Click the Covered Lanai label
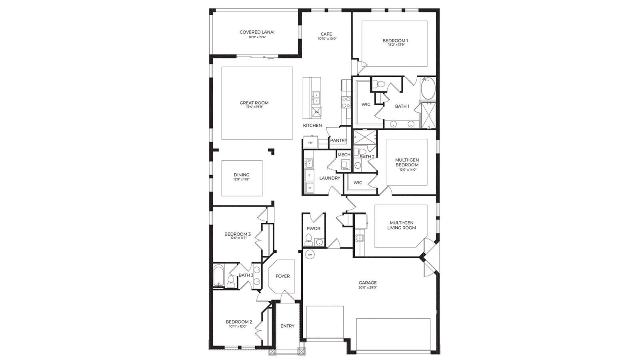tap(257, 32)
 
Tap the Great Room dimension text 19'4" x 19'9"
tap(254, 107)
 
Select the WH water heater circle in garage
tap(310, 254)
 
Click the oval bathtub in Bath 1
tap(428, 89)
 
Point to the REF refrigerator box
tap(310, 142)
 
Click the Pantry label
tap(338, 140)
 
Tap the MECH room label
tap(344, 155)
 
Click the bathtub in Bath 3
tap(218, 275)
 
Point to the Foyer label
tap(282, 276)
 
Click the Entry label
tap(287, 326)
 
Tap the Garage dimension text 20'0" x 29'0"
tap(368, 288)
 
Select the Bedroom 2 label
tap(239, 322)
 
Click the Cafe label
tap(326, 34)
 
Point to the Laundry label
tap(330, 178)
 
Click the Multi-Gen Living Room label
tap(401, 225)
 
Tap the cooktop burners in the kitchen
tap(345, 102)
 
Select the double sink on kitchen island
tap(316, 97)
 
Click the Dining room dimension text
tap(242, 180)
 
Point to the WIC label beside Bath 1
tap(366, 104)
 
